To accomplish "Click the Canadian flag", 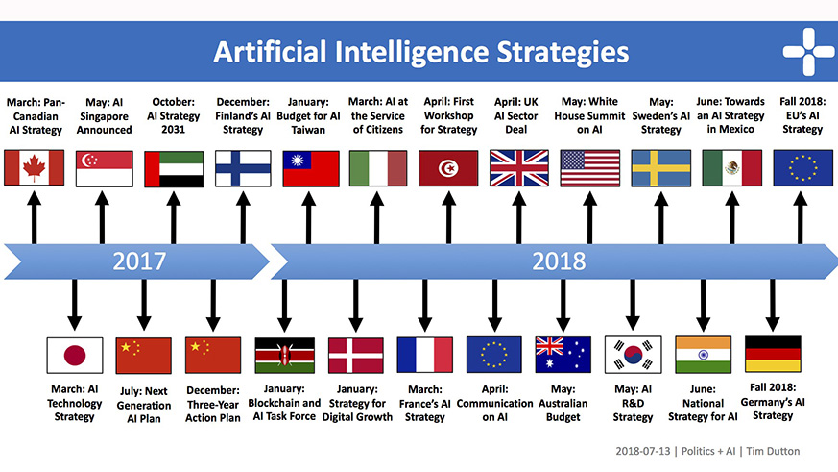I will (x=34, y=168).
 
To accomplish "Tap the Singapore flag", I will (x=103, y=168).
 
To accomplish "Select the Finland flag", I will (x=241, y=168).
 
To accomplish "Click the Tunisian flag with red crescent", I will (x=448, y=168).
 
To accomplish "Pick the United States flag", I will (x=588, y=168).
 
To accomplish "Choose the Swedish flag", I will (x=661, y=168).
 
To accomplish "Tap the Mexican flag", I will (x=731, y=168).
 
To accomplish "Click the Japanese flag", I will (x=74, y=356).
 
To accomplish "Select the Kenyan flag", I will (x=284, y=356).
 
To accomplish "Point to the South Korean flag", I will (x=633, y=356).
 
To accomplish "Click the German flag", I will (x=773, y=356).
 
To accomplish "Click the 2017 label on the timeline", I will (x=139, y=260).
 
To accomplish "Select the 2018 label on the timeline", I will (x=559, y=260).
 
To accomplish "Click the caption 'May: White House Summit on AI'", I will (x=588, y=115).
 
